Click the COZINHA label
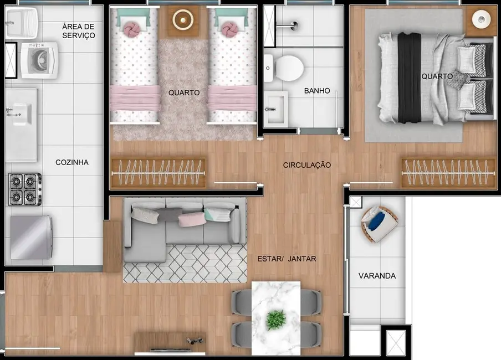(72, 162)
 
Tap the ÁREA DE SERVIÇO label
(78, 31)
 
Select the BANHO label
(317, 91)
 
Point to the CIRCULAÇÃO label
(307, 165)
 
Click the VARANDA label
(377, 275)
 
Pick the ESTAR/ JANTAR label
(287, 259)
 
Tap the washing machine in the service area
(39, 60)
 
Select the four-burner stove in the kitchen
(25, 189)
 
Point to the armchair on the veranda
(379, 224)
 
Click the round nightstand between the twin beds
(183, 20)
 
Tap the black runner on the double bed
(410, 77)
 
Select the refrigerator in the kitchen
(32, 238)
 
